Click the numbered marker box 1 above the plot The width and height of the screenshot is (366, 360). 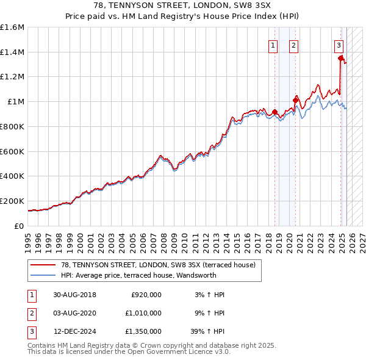272,45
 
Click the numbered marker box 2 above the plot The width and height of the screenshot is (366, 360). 293,45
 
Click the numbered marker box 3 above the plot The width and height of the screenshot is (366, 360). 338,45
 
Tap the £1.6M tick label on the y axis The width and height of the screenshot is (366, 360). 12,27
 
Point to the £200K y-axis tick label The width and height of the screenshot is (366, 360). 12,201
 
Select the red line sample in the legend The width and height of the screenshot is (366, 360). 43,265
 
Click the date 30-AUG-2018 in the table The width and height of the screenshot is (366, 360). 75,295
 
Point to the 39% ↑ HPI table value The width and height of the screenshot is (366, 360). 209,333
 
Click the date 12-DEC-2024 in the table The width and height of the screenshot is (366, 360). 75,333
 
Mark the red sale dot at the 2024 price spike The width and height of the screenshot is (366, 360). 340,58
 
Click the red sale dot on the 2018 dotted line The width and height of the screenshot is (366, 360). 274,112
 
